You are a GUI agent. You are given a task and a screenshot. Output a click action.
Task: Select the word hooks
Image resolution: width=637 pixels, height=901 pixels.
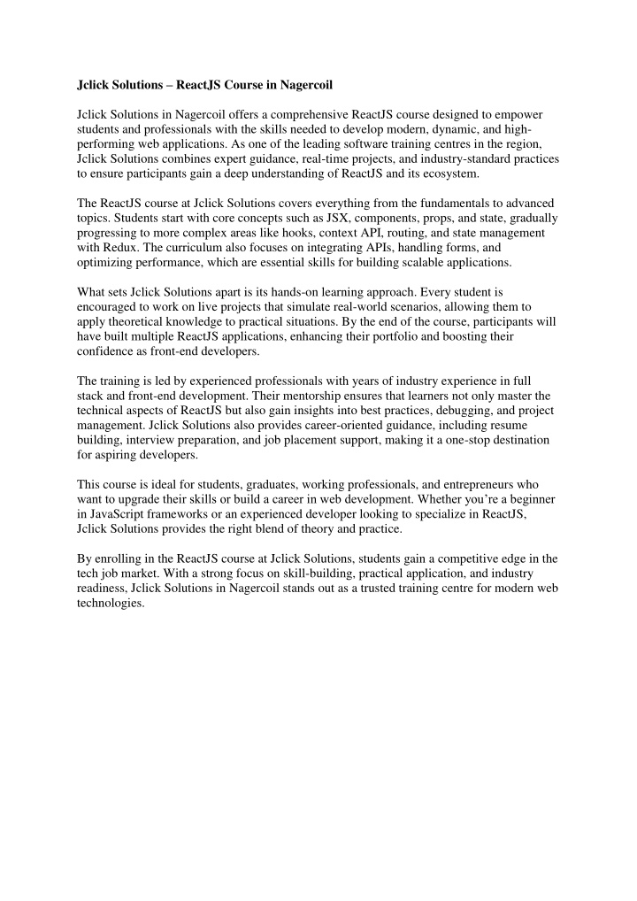[x=280, y=232]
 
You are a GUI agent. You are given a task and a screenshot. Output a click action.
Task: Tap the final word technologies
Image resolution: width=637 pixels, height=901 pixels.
[x=110, y=605]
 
